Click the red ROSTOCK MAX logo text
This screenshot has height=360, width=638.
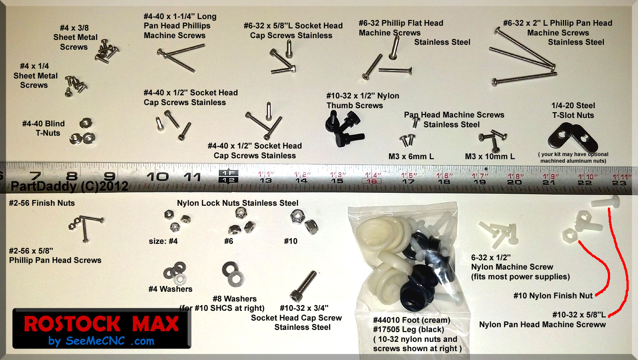[101, 324]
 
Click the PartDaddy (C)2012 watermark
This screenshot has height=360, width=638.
[70, 186]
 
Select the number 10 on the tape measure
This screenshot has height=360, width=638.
[158, 177]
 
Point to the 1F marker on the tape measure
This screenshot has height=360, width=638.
[228, 173]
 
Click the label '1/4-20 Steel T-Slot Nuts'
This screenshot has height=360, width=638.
[573, 110]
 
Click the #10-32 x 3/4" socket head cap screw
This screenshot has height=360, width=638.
[303, 286]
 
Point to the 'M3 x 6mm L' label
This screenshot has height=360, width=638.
[411, 157]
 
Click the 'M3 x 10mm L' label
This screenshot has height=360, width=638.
[490, 157]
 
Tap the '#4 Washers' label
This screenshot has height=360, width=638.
[170, 289]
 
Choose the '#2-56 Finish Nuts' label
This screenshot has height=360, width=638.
[42, 203]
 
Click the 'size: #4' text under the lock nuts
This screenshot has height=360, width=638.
[163, 241]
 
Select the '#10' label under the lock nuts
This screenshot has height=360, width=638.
[291, 241]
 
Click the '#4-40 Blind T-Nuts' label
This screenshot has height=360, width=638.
[43, 128]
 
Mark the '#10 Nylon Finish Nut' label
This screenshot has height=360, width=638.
[553, 296]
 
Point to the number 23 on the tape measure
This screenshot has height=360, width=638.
[619, 183]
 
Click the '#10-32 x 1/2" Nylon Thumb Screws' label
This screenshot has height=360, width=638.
[362, 101]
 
